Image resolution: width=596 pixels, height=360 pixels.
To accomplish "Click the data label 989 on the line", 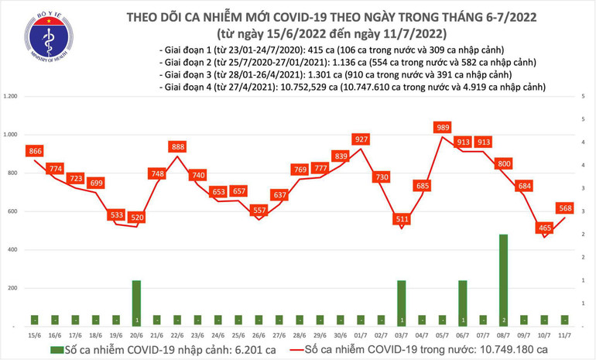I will coord(443,127).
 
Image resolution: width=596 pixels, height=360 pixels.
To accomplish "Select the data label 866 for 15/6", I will coord(35,152).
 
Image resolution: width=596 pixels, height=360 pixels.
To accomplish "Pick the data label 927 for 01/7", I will coord(360,139).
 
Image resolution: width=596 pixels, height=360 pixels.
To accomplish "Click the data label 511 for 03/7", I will coord(402,219).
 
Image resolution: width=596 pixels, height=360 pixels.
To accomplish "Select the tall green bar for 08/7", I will coord(504,279).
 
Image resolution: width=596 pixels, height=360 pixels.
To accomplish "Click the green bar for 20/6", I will coord(136,303).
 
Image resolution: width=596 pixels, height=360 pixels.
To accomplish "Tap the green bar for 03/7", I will coord(402,303).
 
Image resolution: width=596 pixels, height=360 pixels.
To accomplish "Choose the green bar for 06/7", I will coord(463,303).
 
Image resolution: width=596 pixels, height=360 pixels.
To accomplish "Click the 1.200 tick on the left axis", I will coord(10,97).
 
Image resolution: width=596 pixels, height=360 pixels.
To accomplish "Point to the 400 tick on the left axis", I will coord(12,250).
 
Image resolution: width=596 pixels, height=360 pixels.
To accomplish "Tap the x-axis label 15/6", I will coord(35,334).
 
